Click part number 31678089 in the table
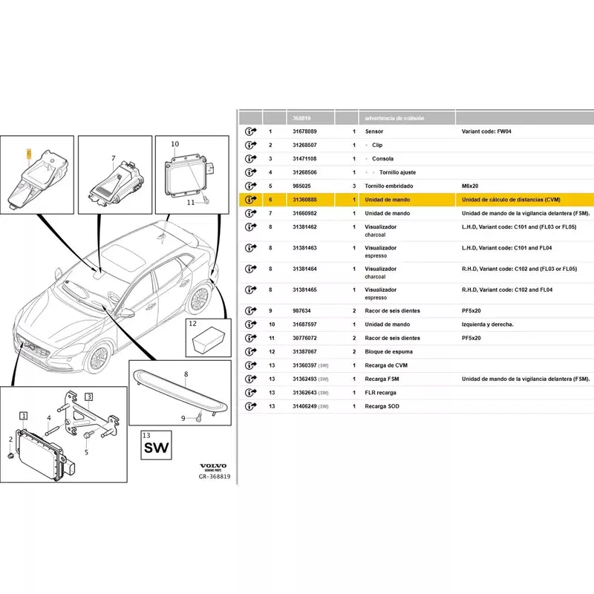[x=304, y=131]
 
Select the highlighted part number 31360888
[x=304, y=200]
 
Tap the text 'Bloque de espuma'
[x=388, y=351]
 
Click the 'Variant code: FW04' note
[x=486, y=131]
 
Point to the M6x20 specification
[x=470, y=186]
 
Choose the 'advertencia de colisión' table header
[x=394, y=118]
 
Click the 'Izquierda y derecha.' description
[x=487, y=324]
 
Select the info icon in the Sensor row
[x=250, y=131]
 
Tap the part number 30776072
[x=304, y=338]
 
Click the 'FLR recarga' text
[x=380, y=393]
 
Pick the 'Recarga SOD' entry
[x=382, y=406]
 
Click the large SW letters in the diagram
[x=156, y=448]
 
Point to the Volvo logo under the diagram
[x=213, y=466]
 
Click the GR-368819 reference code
[x=215, y=477]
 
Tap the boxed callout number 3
[x=88, y=396]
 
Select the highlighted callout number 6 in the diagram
[x=29, y=154]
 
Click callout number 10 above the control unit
[x=174, y=144]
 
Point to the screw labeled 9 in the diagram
[x=198, y=418]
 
